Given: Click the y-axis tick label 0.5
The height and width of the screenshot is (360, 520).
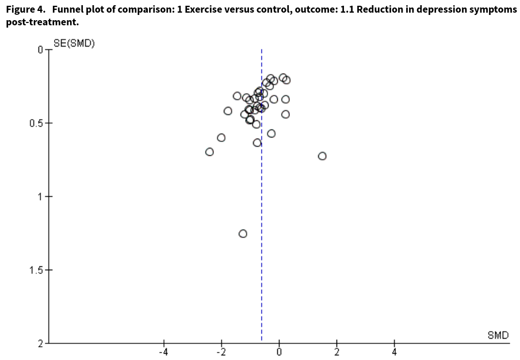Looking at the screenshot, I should coord(37,123).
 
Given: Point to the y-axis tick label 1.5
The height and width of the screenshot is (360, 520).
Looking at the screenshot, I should coord(37,270).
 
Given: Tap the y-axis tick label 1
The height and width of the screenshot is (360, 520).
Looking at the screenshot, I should coord(41,197).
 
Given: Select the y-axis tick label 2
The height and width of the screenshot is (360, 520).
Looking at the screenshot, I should coord(41,343).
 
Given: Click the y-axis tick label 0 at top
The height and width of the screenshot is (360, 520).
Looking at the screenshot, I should coord(41,50).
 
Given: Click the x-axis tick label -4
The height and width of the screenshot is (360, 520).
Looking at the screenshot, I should coord(163,353).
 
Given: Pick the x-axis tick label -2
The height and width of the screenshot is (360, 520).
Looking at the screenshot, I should coord(220,353).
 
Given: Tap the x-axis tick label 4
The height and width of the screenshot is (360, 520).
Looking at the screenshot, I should coord(395,353).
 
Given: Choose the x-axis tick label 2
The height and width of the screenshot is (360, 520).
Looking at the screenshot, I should coord(337,353).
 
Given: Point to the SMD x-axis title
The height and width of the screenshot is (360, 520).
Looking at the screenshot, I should coord(498,335).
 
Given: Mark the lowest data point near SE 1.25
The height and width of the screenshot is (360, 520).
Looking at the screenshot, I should coord(243,233).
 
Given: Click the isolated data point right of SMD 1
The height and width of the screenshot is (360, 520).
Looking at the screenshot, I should coord(322,156).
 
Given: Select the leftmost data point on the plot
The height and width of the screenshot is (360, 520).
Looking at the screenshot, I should coord(209,152).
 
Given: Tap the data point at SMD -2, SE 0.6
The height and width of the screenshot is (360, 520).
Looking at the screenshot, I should coord(221,137).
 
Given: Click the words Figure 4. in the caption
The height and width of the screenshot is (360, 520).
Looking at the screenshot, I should coord(24,10).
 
